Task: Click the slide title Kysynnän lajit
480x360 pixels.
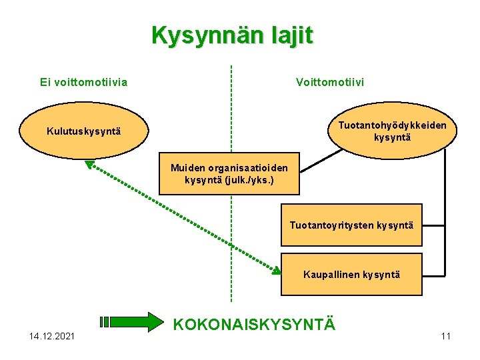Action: [x=231, y=35]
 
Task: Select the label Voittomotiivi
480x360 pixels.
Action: [x=330, y=83]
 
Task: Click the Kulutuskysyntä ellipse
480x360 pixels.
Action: [x=83, y=131]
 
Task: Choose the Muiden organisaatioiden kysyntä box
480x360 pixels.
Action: [x=229, y=175]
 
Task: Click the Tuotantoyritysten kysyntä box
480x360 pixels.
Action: [x=351, y=225]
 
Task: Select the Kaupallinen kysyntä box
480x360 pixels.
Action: [x=351, y=274]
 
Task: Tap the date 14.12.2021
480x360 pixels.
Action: [x=52, y=335]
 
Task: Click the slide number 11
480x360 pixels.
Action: [x=446, y=335]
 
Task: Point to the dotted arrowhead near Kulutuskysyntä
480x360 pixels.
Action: [x=90, y=164]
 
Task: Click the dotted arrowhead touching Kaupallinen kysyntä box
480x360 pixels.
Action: [x=276, y=270]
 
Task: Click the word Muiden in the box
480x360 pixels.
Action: [x=186, y=169]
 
